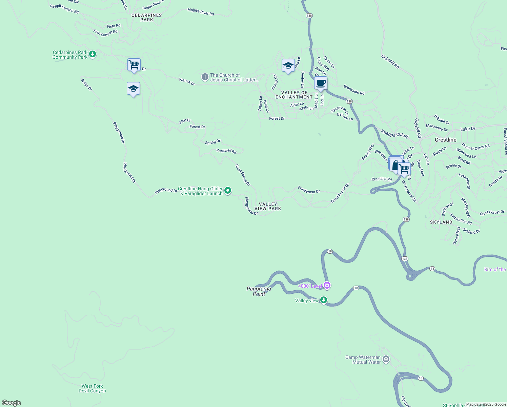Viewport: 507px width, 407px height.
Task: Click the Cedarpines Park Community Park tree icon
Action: pos(92,54)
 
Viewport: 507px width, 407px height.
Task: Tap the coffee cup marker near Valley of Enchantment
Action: pos(321,83)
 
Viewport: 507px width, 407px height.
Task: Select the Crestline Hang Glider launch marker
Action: pos(228,191)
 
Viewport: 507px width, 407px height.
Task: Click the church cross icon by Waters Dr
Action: pos(205,77)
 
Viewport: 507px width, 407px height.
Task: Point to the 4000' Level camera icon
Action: pos(327,285)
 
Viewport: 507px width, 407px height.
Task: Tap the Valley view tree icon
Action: pos(324,300)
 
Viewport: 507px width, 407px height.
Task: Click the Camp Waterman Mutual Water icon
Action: pos(386,359)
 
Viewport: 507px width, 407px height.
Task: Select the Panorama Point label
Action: pos(259,291)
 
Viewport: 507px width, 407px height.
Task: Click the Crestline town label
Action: pos(445,140)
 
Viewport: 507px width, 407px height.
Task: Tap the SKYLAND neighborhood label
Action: pos(441,222)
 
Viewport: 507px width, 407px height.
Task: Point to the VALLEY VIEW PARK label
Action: pos(268,207)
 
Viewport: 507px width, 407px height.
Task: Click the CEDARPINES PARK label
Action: pos(146,18)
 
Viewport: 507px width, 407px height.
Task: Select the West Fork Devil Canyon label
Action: pos(92,388)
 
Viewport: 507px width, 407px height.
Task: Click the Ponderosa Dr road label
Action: pos(309,190)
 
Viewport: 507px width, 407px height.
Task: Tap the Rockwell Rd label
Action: pos(226,151)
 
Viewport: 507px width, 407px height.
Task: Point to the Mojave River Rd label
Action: pos(201,12)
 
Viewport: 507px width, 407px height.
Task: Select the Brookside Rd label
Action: pos(354,90)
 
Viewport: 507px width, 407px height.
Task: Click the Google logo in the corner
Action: pos(11,403)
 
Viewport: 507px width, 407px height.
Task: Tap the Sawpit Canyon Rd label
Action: pos(64,8)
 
